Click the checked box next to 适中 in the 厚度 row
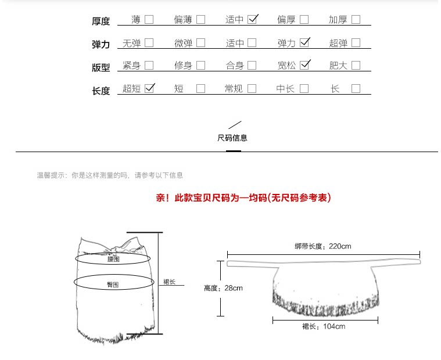tap(252, 19)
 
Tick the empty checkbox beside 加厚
tap(356, 19)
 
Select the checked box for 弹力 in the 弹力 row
tap(304, 42)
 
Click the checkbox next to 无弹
tap(149, 42)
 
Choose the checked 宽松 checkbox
tap(304, 65)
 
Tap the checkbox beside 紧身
tap(149, 65)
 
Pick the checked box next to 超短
tap(149, 88)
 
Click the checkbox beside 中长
tap(304, 89)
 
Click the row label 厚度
tap(101, 21)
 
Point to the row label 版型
tap(101, 67)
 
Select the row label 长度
tap(101, 91)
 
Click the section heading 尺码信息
tap(232, 138)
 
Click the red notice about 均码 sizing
tap(243, 198)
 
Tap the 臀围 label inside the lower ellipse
tap(113, 285)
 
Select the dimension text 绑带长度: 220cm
tap(322, 246)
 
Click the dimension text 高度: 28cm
tap(223, 287)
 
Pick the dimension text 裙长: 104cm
tap(324, 326)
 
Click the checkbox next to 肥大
tap(356, 65)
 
